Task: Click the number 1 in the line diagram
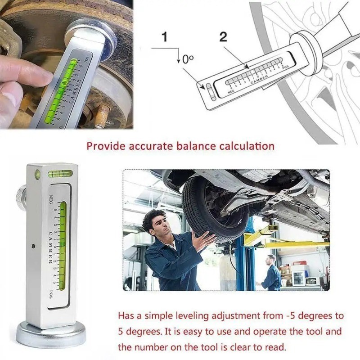click(165, 37)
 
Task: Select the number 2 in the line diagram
click(224, 37)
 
